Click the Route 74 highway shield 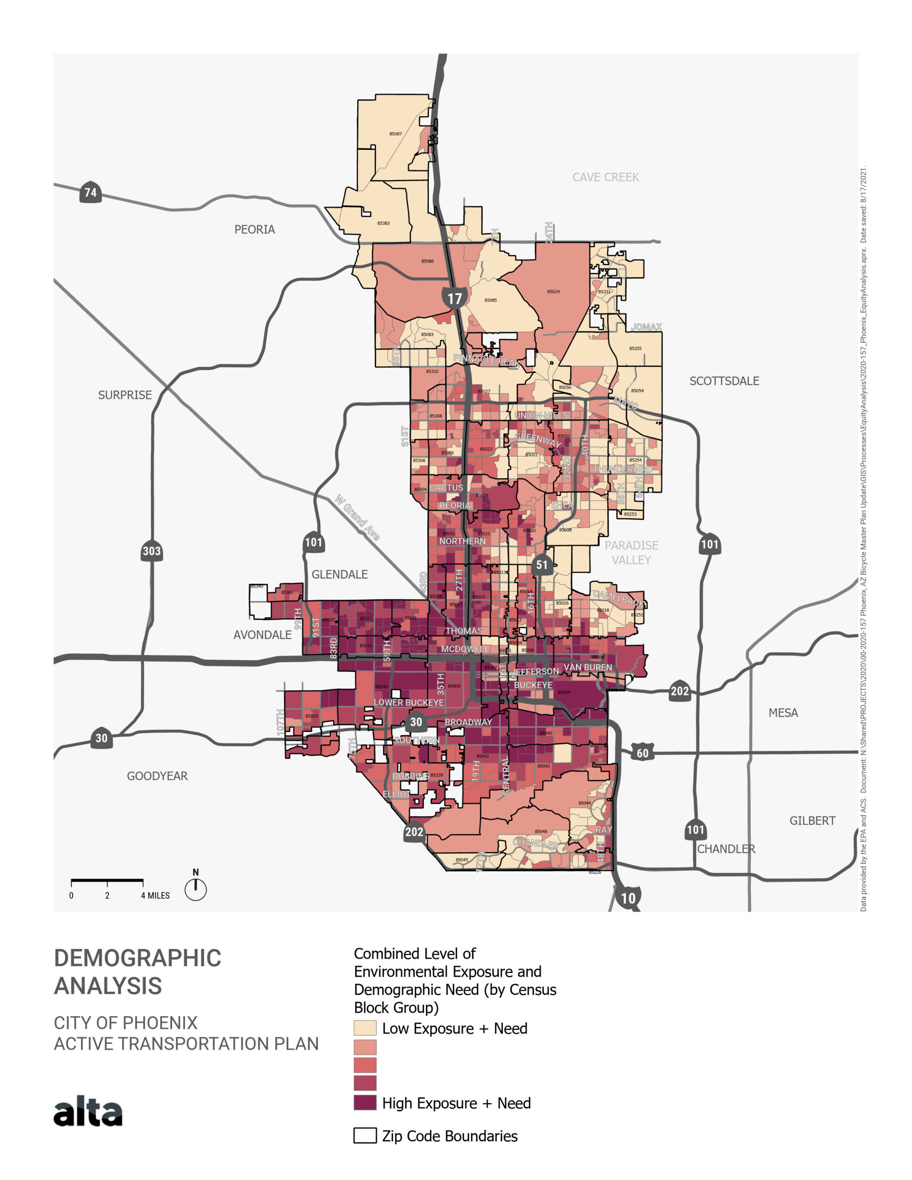[90, 192]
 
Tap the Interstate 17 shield [454, 298]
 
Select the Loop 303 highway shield [151, 551]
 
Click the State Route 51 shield [541, 565]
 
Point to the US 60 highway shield [642, 753]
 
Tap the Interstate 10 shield [628, 897]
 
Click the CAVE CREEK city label [605, 177]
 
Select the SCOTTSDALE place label [723, 381]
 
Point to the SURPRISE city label [125, 395]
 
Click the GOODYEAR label [157, 776]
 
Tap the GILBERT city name [811, 821]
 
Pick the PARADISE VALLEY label [631, 553]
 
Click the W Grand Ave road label [357, 517]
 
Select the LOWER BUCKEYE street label [408, 702]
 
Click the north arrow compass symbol [195, 889]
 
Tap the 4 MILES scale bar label [155, 896]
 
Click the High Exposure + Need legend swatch [365, 1103]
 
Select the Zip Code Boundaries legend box [365, 1136]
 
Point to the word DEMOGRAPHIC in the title [137, 958]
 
